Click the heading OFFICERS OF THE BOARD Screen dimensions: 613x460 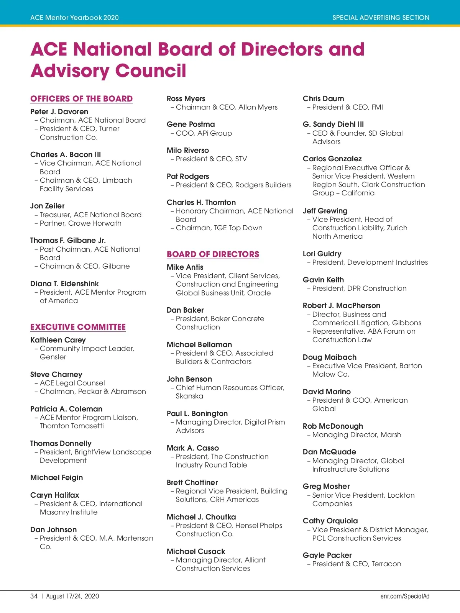81,98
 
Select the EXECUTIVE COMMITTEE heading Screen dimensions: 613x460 78,327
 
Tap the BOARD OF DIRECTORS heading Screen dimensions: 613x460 213,254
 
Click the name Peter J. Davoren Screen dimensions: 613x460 59,111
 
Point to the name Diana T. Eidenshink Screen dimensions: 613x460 64,284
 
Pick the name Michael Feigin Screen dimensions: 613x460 56,477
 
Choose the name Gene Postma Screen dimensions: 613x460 191,124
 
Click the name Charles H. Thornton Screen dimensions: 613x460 201,202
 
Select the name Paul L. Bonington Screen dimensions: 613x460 197,413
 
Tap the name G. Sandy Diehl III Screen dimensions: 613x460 333,124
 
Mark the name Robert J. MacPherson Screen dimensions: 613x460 342,305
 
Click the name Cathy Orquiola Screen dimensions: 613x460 330,521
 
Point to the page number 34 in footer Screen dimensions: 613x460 34,596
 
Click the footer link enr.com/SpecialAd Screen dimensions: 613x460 405,596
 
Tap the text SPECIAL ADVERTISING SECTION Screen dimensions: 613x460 381,18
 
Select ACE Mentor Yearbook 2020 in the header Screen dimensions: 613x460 74,18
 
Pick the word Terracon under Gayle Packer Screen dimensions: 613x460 386,564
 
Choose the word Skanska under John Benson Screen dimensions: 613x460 189,396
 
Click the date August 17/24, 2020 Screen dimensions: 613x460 72,596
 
